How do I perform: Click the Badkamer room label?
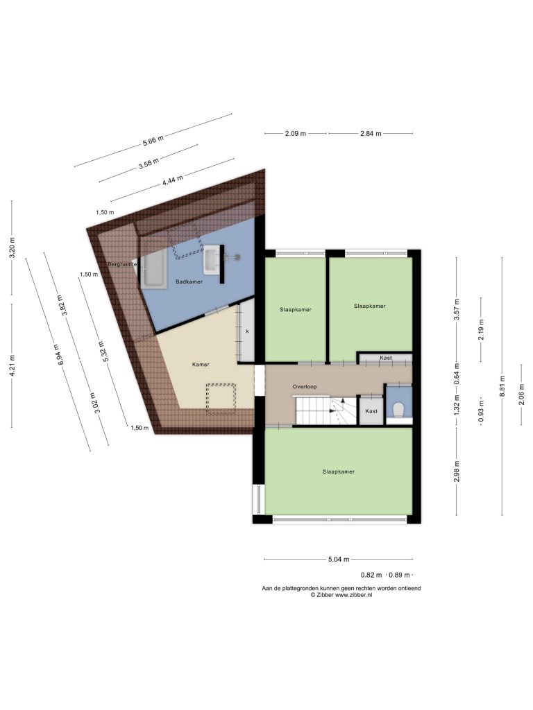point(189,282)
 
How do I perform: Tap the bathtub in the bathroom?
point(153,271)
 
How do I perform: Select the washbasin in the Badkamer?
point(212,260)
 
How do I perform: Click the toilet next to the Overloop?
point(398,410)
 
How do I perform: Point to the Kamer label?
point(201,365)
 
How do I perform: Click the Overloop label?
point(305,387)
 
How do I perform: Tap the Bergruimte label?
point(122,264)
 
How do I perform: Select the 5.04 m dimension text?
point(339,560)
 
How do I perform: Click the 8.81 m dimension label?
point(502,386)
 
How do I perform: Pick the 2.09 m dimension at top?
point(296,134)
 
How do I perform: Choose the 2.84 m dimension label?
point(371,134)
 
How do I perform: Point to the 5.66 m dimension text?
point(153,140)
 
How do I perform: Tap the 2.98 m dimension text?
point(457,471)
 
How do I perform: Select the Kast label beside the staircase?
point(371,411)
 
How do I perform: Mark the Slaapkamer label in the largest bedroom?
point(339,471)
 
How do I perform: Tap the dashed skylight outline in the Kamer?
point(221,399)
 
